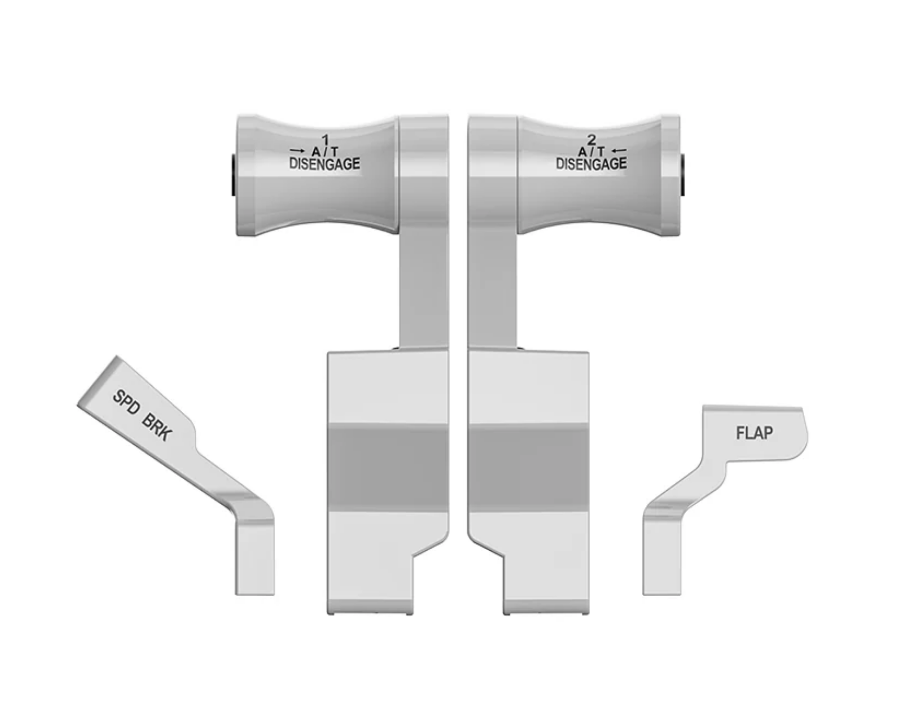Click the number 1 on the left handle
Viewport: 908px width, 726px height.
pyautogui.click(x=325, y=139)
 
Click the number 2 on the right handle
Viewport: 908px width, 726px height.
pyautogui.click(x=591, y=139)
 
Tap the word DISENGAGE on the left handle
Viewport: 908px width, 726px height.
pyautogui.click(x=325, y=164)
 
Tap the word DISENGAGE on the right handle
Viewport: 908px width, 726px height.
pyautogui.click(x=591, y=164)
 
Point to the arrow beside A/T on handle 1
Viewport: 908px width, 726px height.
pyautogui.click(x=297, y=151)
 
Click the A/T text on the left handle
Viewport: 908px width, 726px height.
pyautogui.click(x=325, y=151)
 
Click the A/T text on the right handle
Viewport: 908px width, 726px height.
pyautogui.click(x=591, y=151)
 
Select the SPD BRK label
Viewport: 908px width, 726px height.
pyautogui.click(x=142, y=415)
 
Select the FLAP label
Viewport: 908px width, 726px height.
pyautogui.click(x=754, y=433)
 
